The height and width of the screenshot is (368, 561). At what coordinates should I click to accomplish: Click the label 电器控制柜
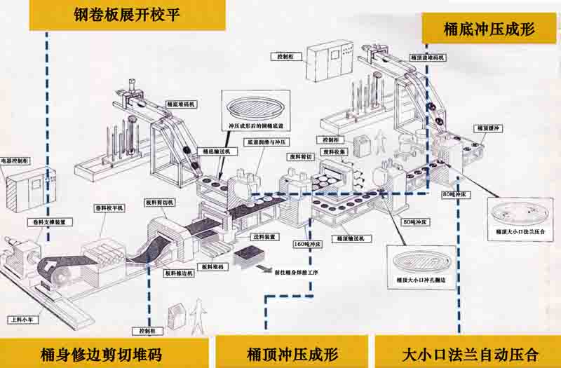pos(15,161)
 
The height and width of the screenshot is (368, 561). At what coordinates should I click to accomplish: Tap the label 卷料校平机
pos(109,207)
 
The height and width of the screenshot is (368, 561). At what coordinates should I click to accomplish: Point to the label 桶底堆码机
pos(181,104)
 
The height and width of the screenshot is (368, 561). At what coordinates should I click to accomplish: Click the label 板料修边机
pos(176,272)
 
